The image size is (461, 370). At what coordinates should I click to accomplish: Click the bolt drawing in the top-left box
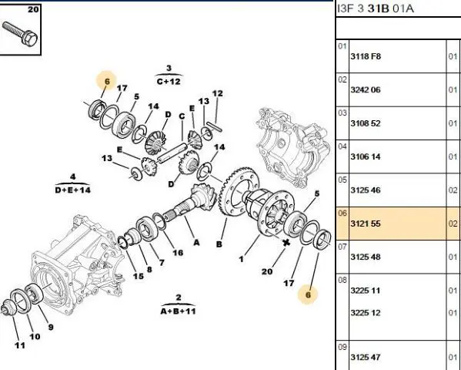20,34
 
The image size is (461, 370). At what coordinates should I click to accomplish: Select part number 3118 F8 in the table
366,56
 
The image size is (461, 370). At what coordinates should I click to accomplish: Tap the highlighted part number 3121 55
365,224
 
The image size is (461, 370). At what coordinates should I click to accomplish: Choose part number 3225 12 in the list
365,312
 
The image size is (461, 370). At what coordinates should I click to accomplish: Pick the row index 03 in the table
342,113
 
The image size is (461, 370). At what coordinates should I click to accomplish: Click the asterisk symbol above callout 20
286,243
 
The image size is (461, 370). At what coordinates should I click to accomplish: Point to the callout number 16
178,253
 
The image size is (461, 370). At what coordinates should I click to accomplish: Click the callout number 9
51,327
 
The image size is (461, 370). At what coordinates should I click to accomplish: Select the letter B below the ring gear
219,244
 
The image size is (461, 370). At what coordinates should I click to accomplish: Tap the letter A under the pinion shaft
196,243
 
